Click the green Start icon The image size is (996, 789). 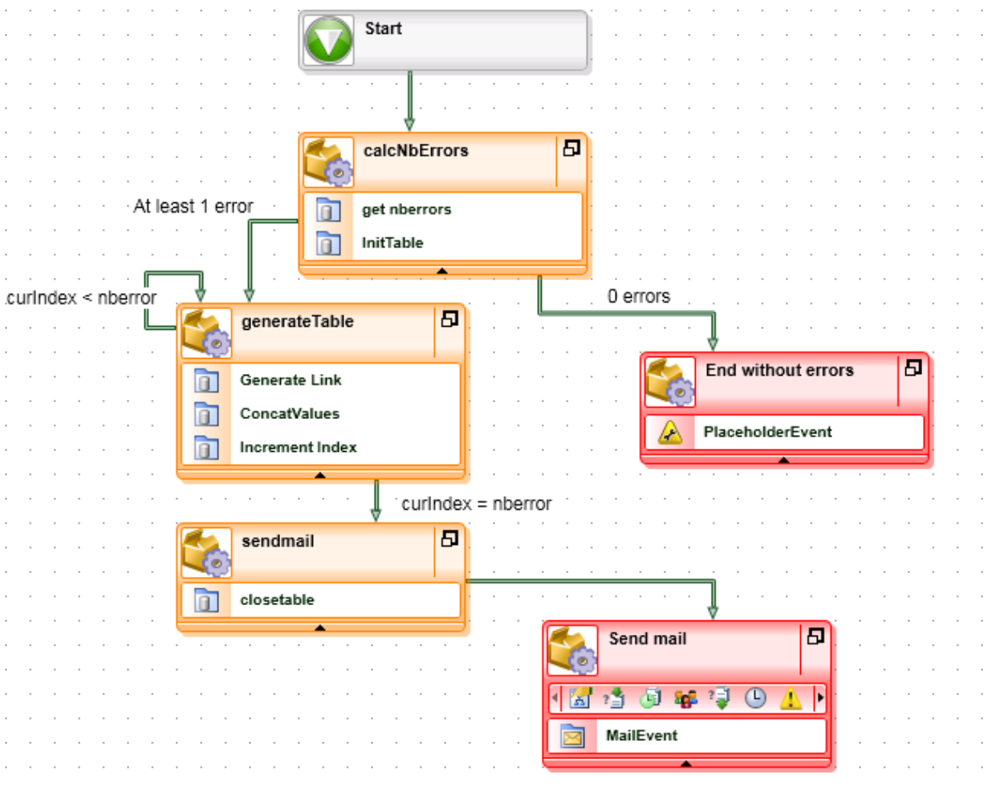coord(329,40)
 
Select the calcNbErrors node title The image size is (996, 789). coord(415,151)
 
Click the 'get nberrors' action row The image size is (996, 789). coord(406,209)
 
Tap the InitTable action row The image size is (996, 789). coord(392,242)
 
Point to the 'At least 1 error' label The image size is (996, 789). coord(193,206)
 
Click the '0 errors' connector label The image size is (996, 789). coord(638,296)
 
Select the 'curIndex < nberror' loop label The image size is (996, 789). coord(81,298)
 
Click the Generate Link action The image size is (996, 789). coord(291,380)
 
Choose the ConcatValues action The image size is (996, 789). coord(289,413)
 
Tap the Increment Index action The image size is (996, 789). coord(298,447)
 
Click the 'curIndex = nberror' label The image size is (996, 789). coord(476,504)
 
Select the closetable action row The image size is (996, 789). coord(277,600)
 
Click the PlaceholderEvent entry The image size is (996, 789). coord(767,432)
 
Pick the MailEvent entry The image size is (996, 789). coord(641,735)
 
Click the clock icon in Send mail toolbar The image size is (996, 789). coord(755,698)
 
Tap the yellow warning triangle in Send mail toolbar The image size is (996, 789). coord(791,698)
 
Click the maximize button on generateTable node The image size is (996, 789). coord(449,319)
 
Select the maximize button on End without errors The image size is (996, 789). coord(913,368)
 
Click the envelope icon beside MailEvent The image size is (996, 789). coord(572,736)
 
